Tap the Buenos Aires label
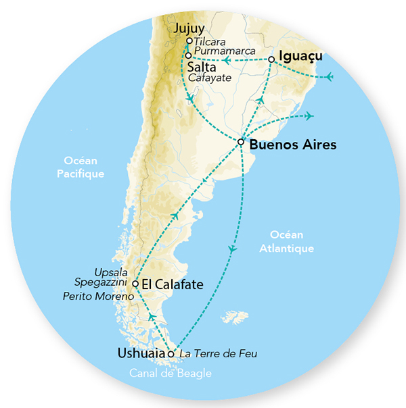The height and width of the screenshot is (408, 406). [283, 145]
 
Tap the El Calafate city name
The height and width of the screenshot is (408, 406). [173, 284]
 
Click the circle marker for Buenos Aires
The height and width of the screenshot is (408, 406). [241, 142]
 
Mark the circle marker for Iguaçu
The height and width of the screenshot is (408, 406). [271, 59]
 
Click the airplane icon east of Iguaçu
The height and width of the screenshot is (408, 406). [329, 76]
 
